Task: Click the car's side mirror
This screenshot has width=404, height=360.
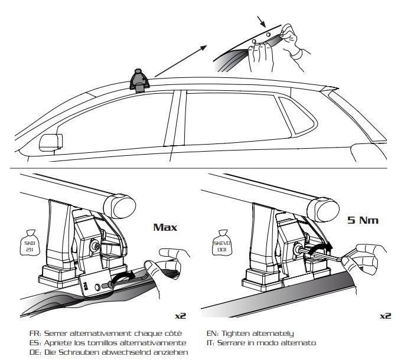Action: (x=50, y=142)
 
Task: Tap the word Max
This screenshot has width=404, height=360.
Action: (x=165, y=227)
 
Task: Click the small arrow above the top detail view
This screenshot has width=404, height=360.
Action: (x=260, y=22)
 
